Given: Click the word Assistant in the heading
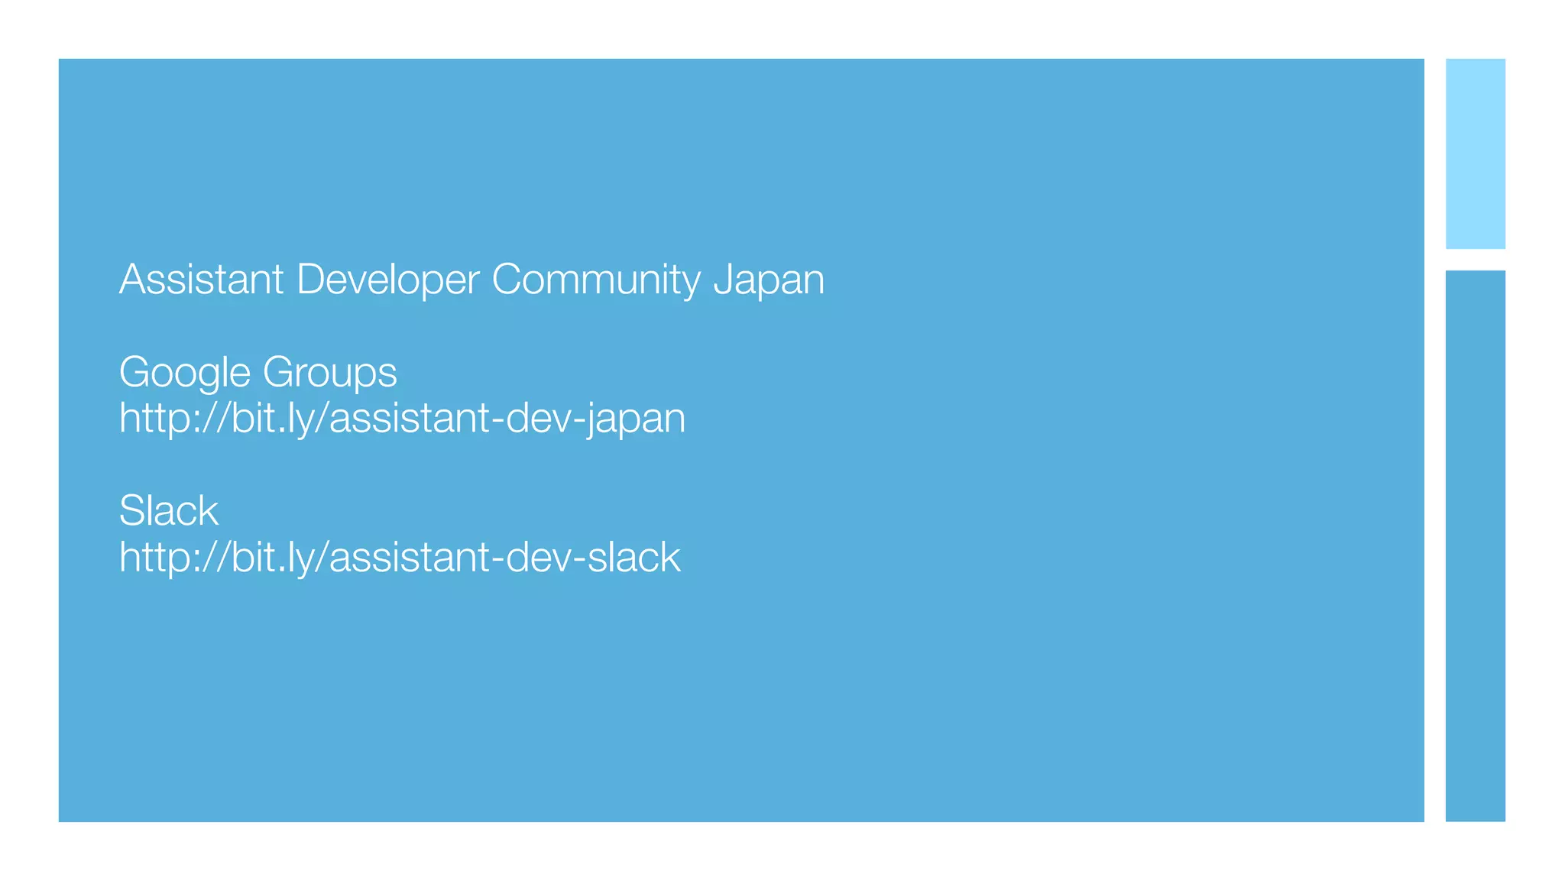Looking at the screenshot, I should pyautogui.click(x=202, y=280).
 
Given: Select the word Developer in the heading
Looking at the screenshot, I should pyautogui.click(x=387, y=280).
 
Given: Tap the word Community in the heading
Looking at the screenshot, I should pyautogui.click(x=596, y=280).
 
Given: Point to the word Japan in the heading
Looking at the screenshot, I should pyautogui.click(x=769, y=280).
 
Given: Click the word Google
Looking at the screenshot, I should pyautogui.click(x=185, y=373).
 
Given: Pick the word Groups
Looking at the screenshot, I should pyautogui.click(x=329, y=373).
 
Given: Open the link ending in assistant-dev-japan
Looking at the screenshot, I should pyautogui.click(x=402, y=419).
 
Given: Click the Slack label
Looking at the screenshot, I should pyautogui.click(x=169, y=511).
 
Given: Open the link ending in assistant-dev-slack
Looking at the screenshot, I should pyautogui.click(x=400, y=558).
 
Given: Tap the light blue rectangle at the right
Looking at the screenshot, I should pyautogui.click(x=1475, y=154).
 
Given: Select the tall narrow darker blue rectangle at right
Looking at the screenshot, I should pyautogui.click(x=1475, y=545).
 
